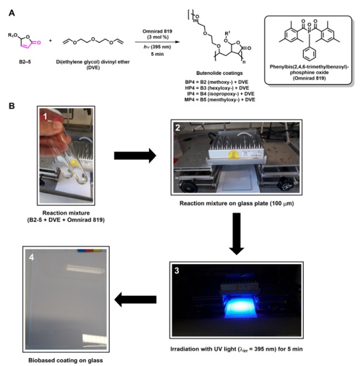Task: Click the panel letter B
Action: [x=7, y=106]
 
